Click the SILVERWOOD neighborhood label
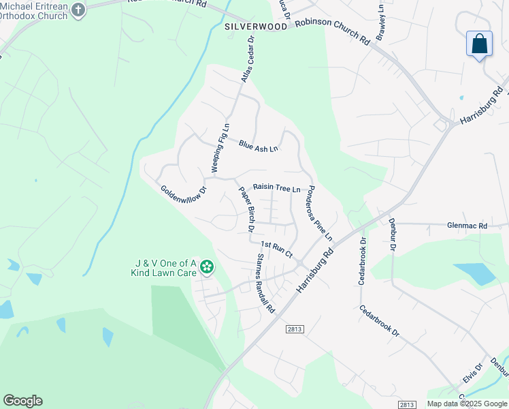[256, 27]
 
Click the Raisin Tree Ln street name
[276, 187]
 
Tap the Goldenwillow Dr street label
[183, 198]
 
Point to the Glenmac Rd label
[467, 226]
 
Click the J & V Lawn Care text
[165, 268]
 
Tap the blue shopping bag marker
[480, 44]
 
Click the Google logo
[22, 401]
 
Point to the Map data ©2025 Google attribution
[467, 404]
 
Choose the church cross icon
[78, 10]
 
